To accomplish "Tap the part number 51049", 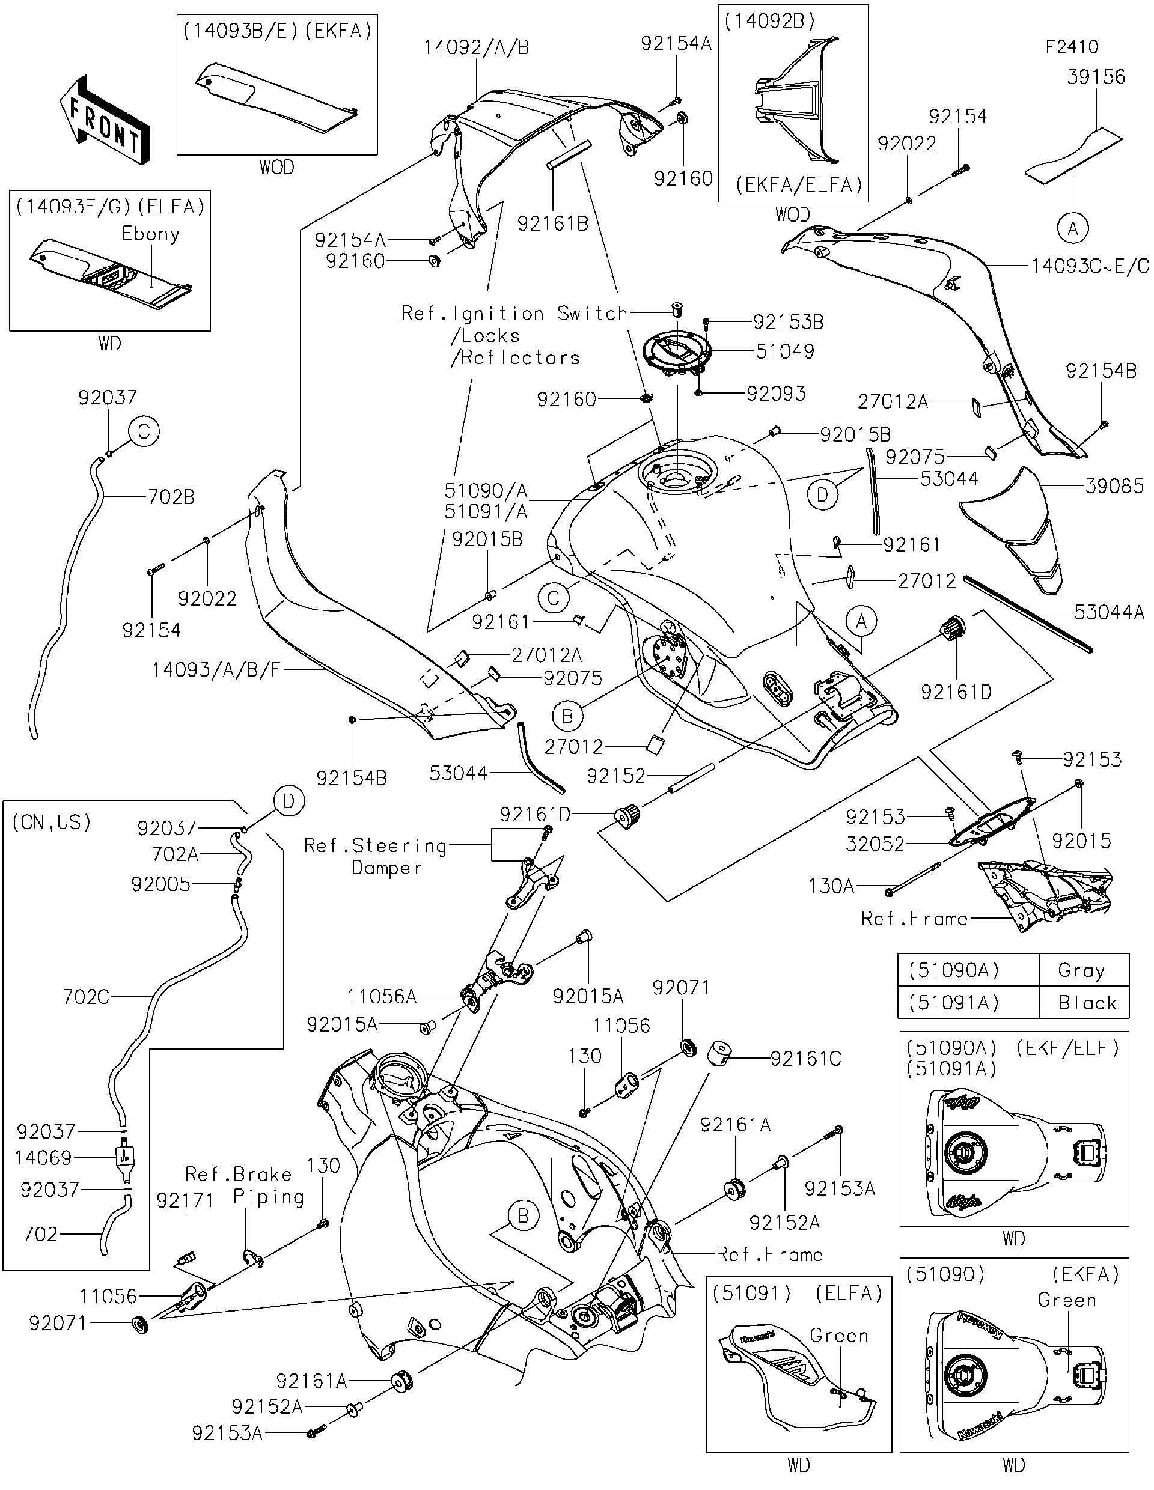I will (784, 351).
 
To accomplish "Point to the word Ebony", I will (150, 234).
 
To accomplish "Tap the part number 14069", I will (43, 1158).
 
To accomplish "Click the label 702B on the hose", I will (171, 497).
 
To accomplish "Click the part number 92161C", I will (805, 1059).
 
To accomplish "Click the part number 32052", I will (875, 844).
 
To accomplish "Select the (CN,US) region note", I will (52, 822).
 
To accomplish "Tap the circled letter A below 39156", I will (1072, 230).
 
